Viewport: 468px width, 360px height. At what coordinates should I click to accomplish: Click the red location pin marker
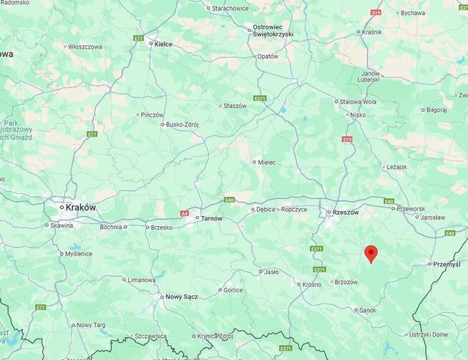click(x=371, y=253)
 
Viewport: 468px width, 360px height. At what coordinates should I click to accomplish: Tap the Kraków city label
click(x=80, y=207)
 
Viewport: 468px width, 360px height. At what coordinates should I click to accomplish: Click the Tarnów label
click(x=211, y=218)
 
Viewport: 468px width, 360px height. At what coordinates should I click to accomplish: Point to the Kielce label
click(x=164, y=44)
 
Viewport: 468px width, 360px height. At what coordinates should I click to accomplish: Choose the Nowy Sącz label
click(x=179, y=296)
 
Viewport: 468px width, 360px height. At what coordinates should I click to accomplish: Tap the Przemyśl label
click(x=447, y=264)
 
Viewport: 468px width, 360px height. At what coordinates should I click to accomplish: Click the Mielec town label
click(x=267, y=162)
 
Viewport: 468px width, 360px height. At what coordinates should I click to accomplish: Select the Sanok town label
click(x=368, y=310)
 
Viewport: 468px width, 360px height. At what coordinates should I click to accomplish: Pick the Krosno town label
click(x=312, y=284)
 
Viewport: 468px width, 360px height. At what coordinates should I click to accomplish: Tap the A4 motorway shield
click(x=184, y=213)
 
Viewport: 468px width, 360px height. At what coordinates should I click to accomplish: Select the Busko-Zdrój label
click(x=182, y=124)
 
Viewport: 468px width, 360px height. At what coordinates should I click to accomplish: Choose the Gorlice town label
click(x=233, y=290)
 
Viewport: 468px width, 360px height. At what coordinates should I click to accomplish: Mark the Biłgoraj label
click(x=437, y=110)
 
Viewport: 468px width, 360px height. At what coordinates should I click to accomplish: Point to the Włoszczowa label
click(x=85, y=47)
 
